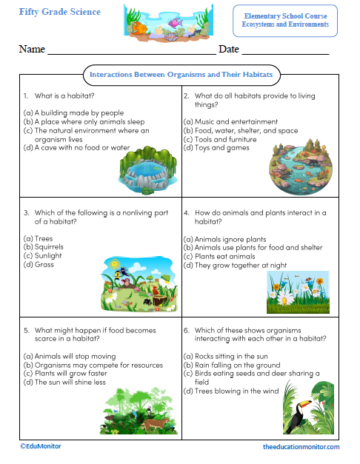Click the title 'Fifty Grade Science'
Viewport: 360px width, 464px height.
tap(60, 13)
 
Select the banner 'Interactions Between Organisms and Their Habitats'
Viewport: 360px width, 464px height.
tap(181, 75)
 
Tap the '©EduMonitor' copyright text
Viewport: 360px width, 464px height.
tap(41, 446)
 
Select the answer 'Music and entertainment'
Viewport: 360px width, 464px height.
tap(230, 121)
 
